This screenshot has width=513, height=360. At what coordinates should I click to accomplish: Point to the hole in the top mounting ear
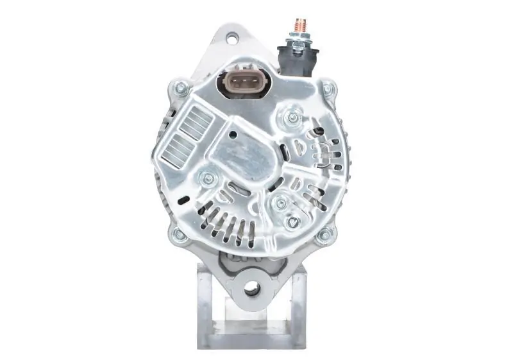tap(231, 39)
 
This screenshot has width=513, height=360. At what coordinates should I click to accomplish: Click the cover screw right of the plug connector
tap(293, 117)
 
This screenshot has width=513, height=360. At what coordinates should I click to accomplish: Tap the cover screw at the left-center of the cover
tap(206, 179)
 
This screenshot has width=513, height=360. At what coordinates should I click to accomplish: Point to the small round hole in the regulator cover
tap(233, 135)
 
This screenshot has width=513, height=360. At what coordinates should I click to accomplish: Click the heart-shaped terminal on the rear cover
tap(294, 222)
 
